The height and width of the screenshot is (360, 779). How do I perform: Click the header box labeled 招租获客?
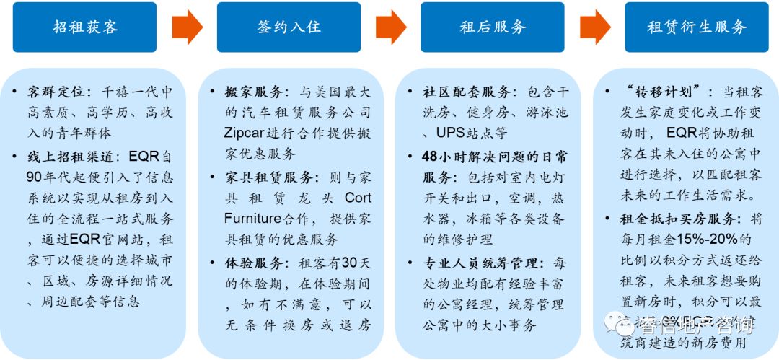[85, 27]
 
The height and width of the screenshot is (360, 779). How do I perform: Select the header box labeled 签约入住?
[289, 27]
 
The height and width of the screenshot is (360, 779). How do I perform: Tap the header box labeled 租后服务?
[493, 27]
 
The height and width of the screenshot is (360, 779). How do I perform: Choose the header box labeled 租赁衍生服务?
[697, 27]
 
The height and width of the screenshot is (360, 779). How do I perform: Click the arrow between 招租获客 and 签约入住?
[187, 27]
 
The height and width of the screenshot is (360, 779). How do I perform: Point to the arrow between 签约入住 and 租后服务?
[391, 27]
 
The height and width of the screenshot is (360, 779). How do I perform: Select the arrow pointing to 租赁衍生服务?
[595, 27]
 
